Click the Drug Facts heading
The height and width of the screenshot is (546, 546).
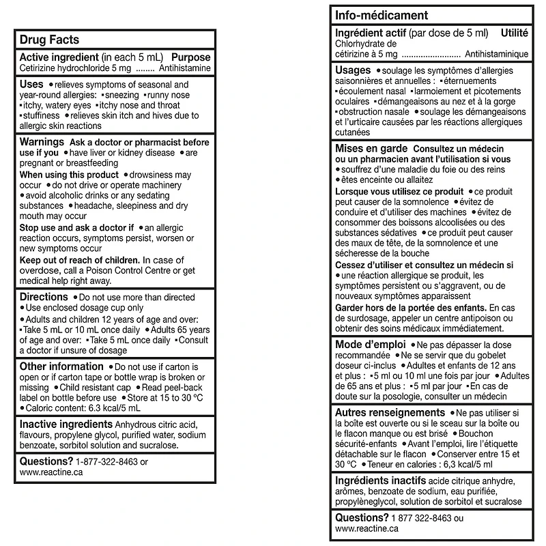49,40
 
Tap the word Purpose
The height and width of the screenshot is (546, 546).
191,58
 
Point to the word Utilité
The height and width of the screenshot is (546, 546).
515,33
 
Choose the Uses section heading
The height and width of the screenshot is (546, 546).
32,83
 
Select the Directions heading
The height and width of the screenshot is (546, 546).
44,297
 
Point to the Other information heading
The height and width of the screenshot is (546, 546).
61,367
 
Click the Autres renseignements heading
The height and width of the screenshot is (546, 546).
390,413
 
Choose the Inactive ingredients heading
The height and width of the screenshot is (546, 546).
66,424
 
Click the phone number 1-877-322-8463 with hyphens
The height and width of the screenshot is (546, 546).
107,461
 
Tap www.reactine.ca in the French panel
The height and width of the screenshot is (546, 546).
368,528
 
